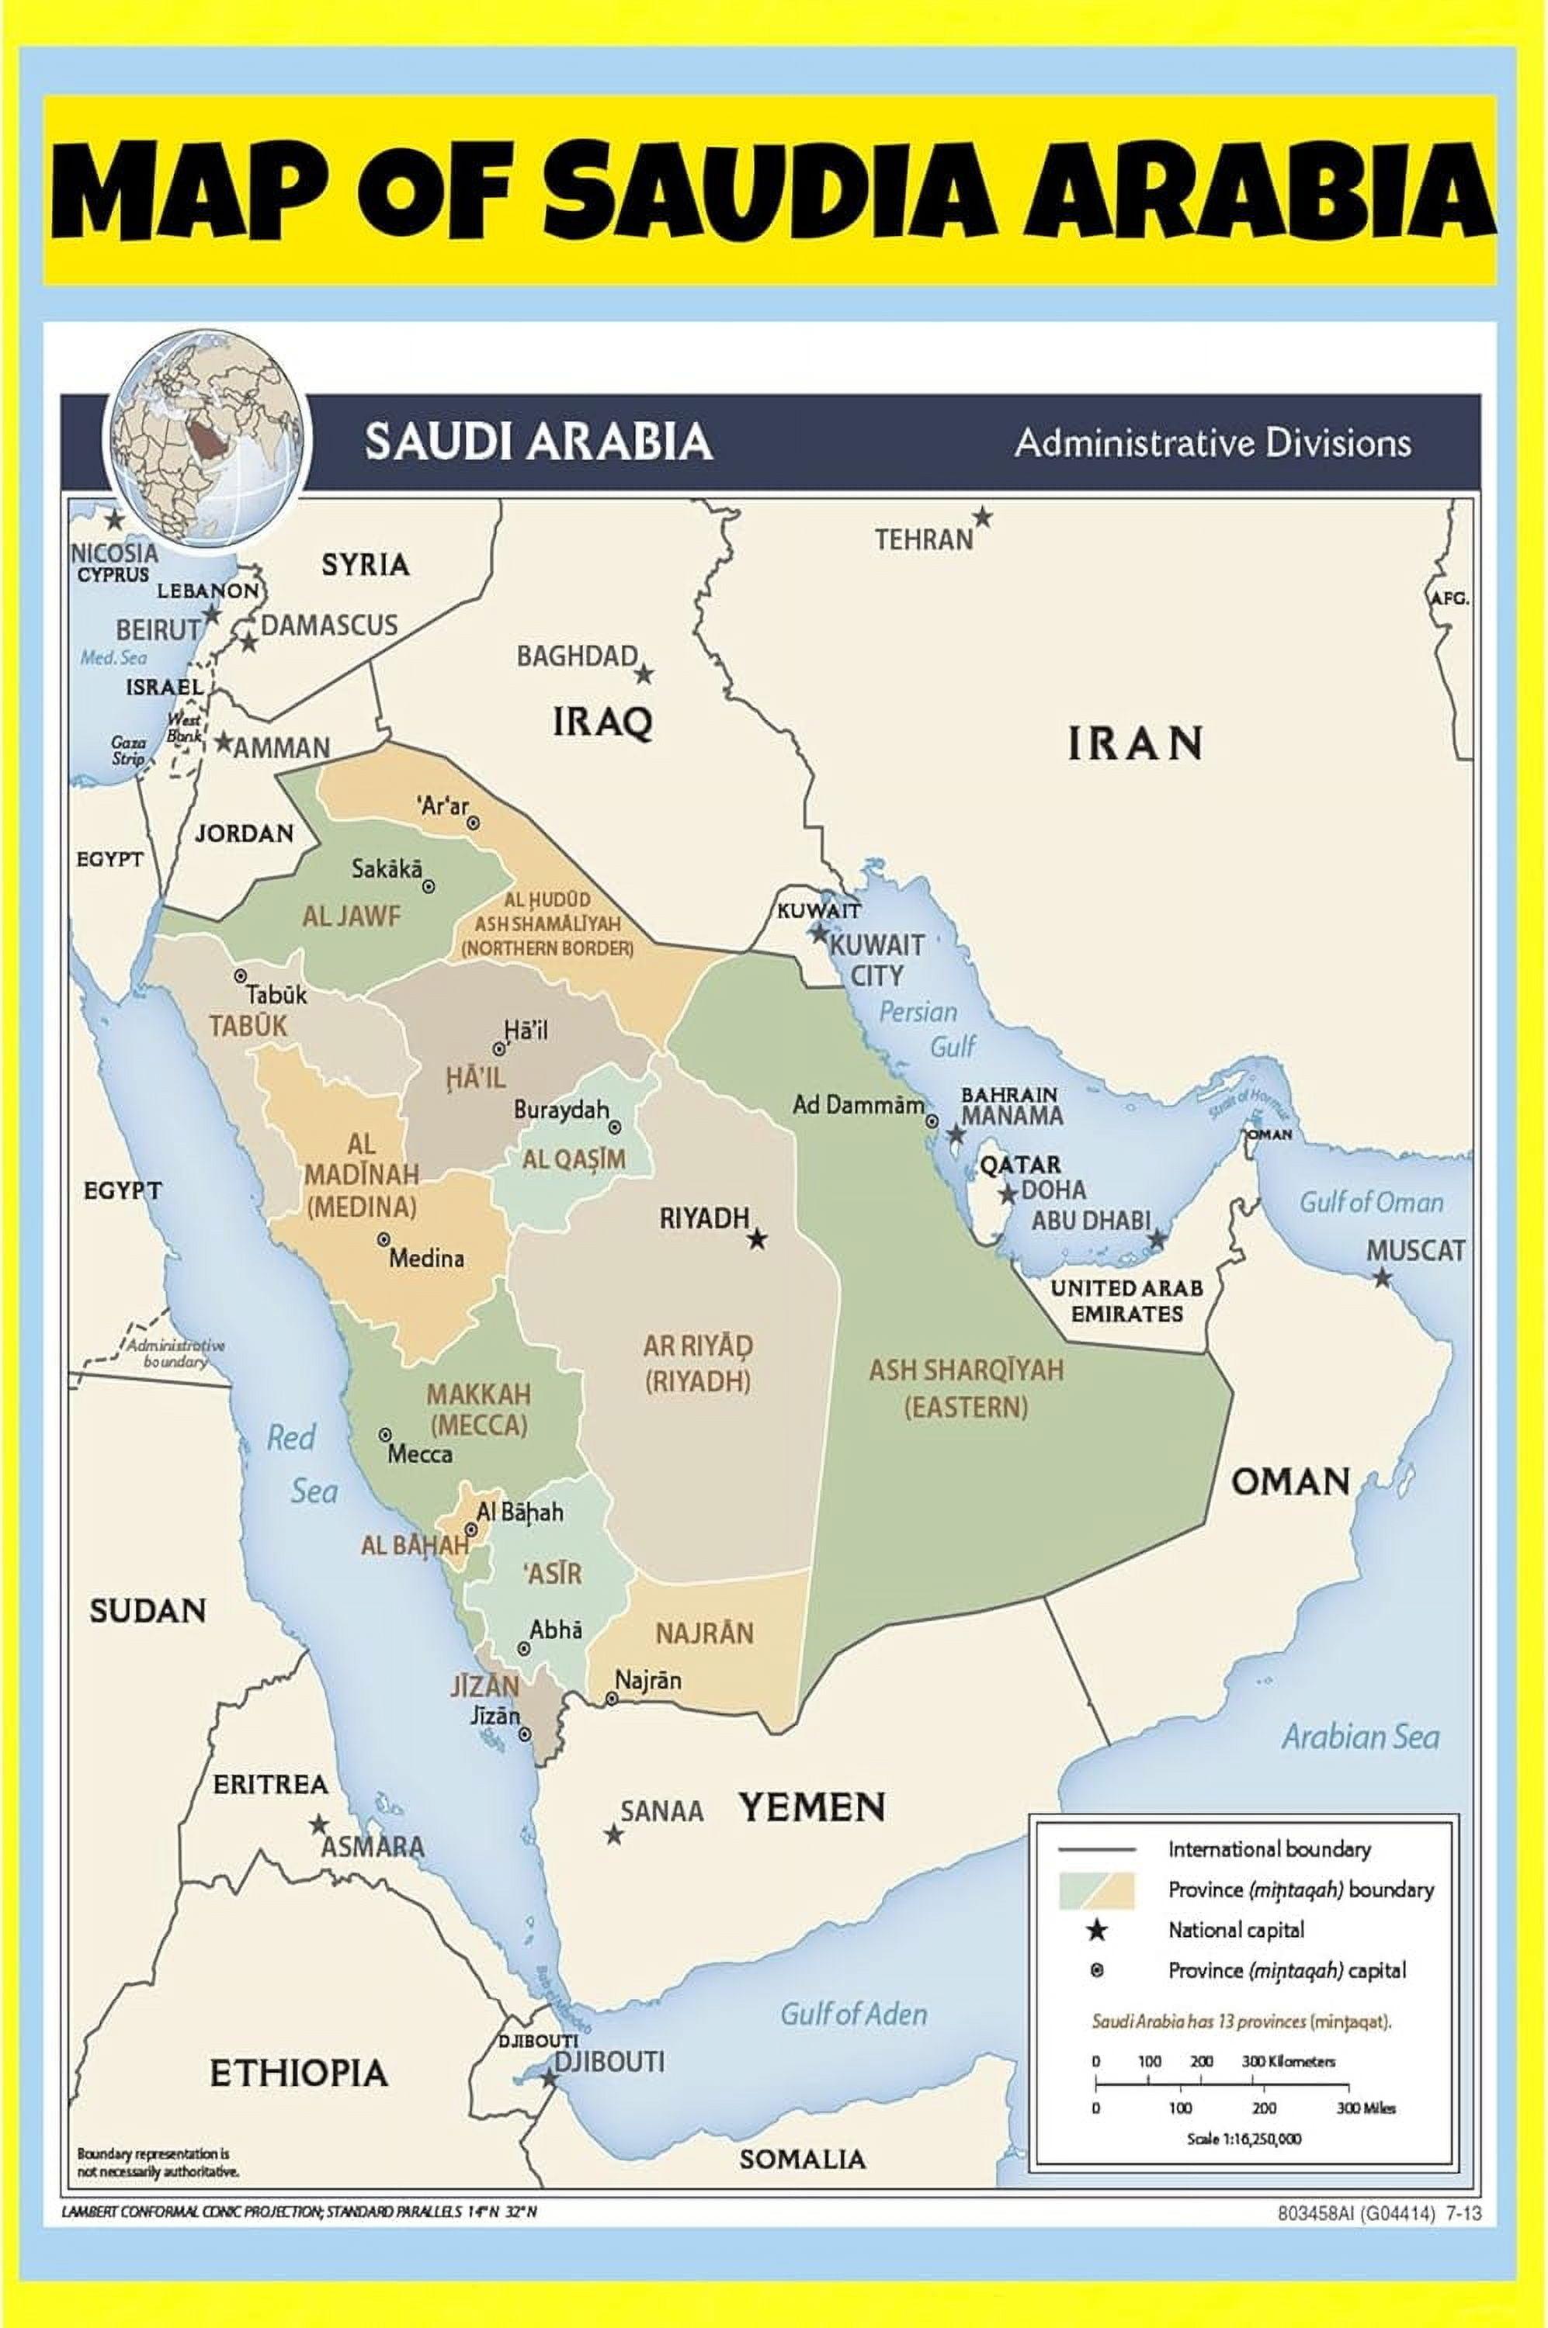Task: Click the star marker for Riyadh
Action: [756, 1238]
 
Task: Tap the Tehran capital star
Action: [981, 517]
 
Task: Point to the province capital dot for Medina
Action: [383, 1239]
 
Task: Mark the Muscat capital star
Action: [1382, 1278]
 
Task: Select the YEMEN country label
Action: [811, 1808]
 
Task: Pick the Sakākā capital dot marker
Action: [429, 886]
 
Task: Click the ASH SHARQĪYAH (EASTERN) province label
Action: [966, 1387]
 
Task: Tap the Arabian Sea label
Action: [1359, 1737]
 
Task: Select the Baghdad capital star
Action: [643, 674]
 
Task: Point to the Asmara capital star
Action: [318, 1824]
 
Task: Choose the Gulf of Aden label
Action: [853, 2014]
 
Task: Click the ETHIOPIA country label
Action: [298, 2073]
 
